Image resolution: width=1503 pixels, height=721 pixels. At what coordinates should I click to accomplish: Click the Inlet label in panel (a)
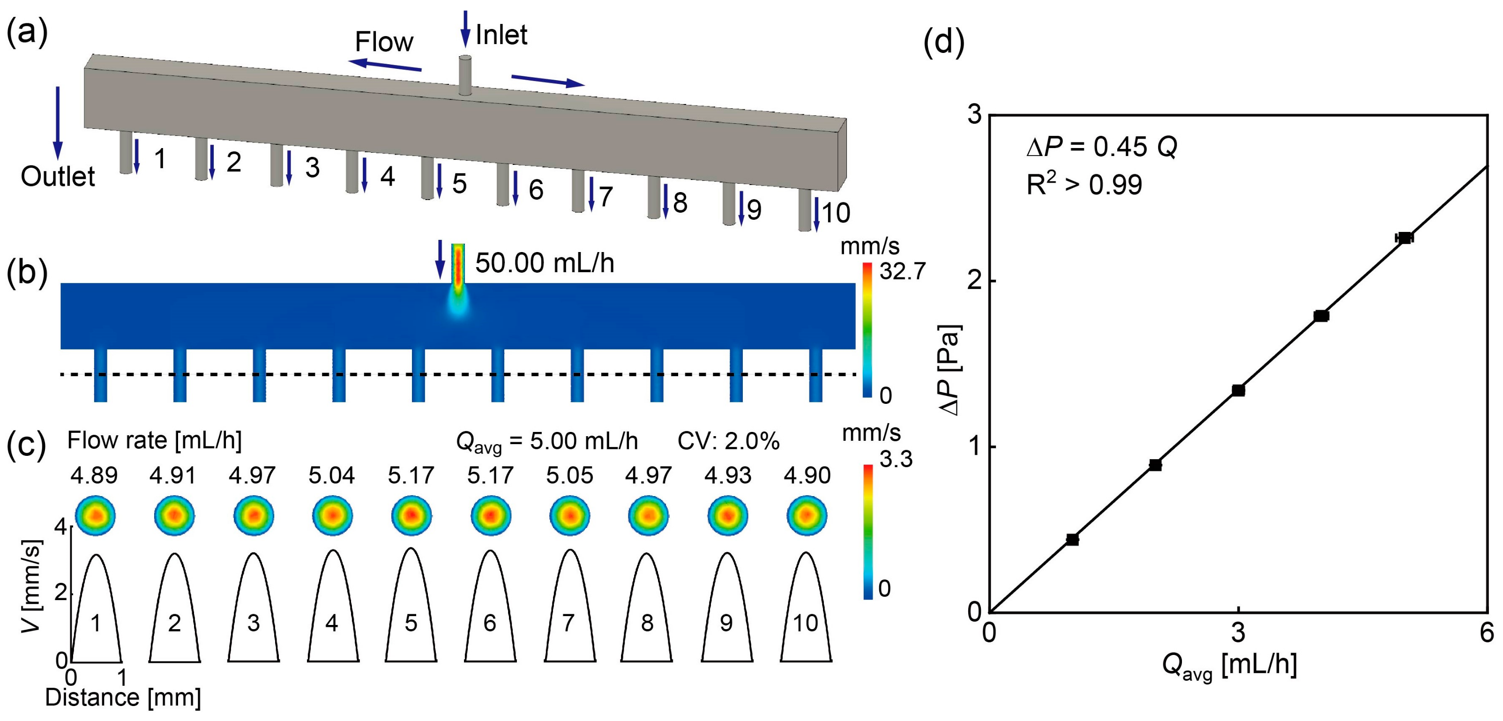501,35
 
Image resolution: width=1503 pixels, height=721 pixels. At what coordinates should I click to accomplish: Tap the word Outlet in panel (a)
57,176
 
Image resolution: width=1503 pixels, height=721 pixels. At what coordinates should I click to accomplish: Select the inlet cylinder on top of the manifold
465,74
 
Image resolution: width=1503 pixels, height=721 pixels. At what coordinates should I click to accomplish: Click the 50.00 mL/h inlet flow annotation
545,263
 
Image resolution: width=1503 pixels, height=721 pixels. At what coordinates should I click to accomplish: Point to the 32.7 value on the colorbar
902,272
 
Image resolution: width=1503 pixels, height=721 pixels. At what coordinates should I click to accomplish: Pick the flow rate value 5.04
331,476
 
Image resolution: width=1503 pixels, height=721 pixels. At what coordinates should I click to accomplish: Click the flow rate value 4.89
94,476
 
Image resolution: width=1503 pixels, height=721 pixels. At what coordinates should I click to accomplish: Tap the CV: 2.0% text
728,442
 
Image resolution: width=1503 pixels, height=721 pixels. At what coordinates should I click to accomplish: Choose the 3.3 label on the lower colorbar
896,460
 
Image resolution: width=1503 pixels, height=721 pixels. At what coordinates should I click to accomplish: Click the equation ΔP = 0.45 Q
1101,147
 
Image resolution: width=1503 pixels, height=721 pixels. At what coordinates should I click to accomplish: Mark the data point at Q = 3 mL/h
1238,390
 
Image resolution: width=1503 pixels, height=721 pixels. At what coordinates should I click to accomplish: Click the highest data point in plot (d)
1404,238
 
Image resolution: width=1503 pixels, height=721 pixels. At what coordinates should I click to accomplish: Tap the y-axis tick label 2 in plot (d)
974,281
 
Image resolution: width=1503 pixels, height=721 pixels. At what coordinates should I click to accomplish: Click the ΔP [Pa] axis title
950,370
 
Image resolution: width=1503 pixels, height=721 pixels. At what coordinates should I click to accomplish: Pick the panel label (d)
944,43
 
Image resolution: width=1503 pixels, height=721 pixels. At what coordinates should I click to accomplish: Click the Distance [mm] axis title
123,698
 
